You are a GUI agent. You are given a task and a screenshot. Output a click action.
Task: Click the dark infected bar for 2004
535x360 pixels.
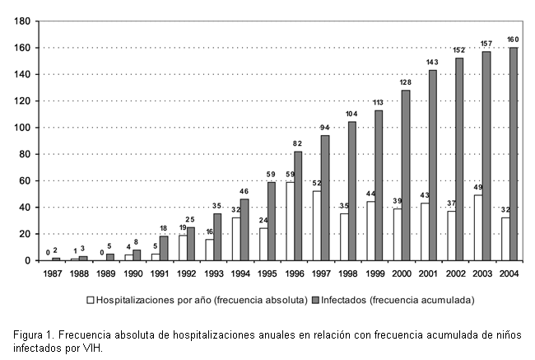pos(514,154)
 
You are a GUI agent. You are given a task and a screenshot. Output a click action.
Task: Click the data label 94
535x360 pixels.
pos(325,127)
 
